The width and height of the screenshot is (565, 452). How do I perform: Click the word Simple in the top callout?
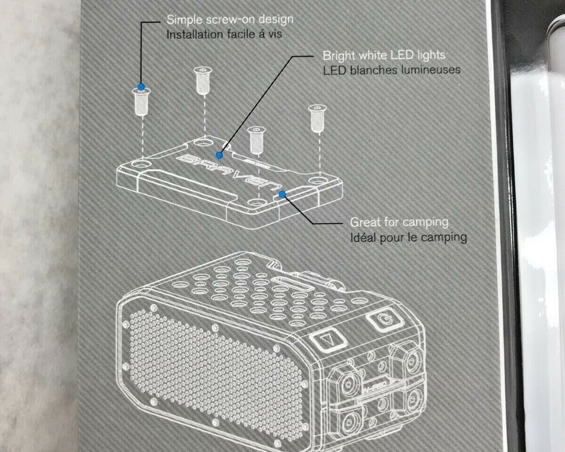[183, 19]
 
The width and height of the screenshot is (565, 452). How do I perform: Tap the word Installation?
[191, 33]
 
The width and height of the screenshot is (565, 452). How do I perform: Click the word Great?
[365, 222]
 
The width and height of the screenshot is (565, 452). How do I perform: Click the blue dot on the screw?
[141, 87]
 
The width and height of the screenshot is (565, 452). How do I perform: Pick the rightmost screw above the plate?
[316, 117]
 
